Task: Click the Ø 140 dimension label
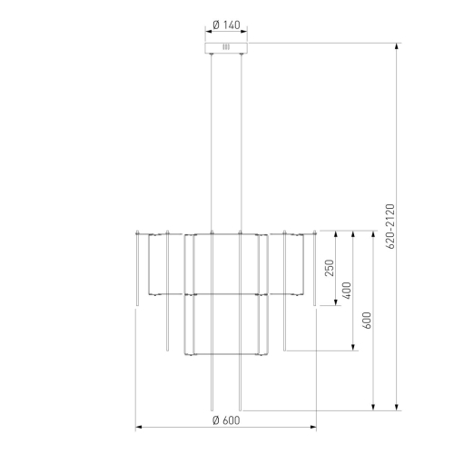coord(226,25)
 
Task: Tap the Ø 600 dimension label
coord(226,420)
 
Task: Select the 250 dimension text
coord(329,268)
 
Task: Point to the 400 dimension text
coord(347,291)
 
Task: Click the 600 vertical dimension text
coord(367,321)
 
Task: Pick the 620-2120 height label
coord(390,226)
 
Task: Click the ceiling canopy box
coord(226,48)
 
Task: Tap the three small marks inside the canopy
coord(226,47)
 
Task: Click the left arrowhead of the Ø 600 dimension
coord(139,427)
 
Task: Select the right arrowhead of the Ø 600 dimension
coord(313,427)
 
